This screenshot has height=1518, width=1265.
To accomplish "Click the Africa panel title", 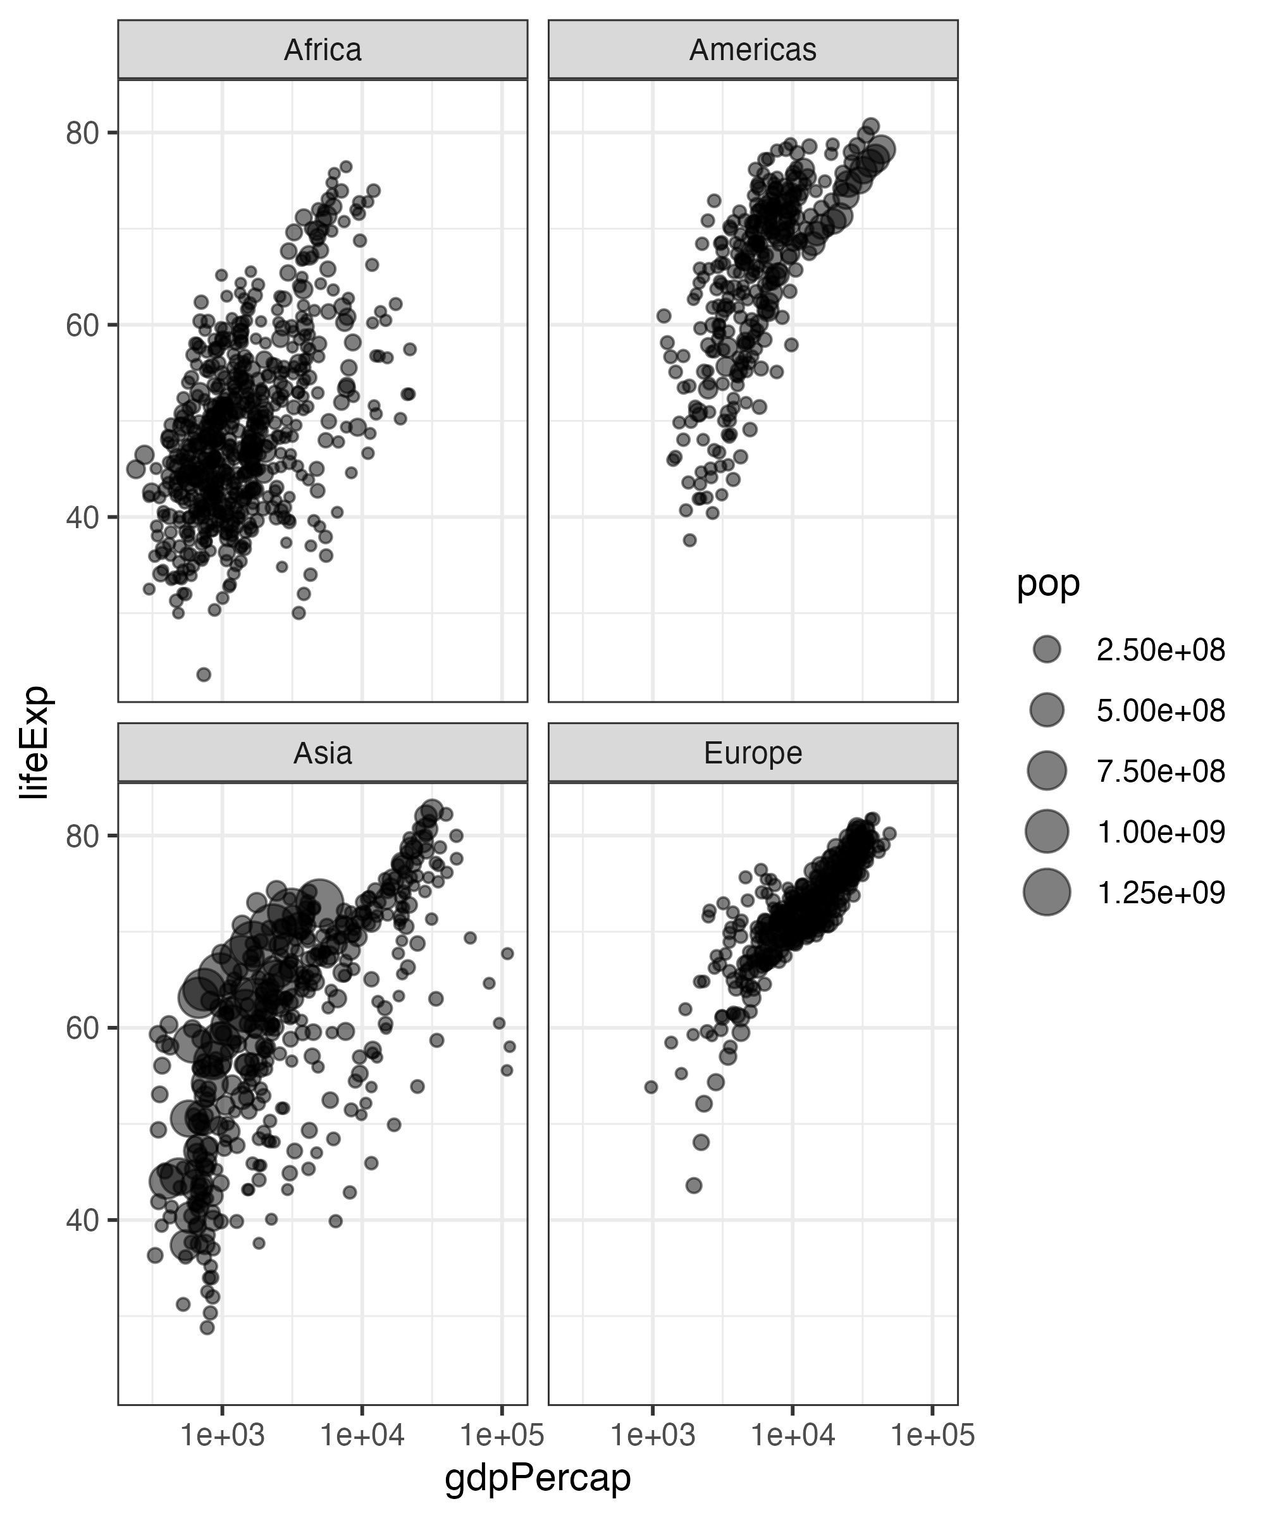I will (323, 50).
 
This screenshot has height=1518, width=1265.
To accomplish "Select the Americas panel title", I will (753, 50).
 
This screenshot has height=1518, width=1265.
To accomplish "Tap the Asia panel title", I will (323, 753).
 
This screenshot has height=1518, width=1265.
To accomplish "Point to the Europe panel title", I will (753, 753).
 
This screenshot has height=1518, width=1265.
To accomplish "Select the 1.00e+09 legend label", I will (1160, 832).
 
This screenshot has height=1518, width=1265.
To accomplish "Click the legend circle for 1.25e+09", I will (1047, 892).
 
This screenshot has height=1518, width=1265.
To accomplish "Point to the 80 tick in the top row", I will (82, 133).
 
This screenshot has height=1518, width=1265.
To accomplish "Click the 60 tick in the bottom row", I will (82, 1028).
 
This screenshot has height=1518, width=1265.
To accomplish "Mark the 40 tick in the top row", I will (82, 517).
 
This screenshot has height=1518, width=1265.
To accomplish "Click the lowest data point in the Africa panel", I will (204, 674).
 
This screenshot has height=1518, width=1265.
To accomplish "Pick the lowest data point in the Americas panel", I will (689, 540).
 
